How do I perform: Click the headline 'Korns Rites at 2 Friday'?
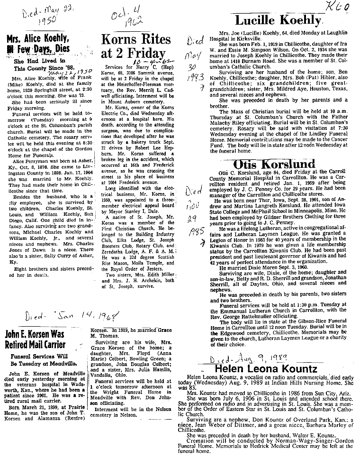point(134,46)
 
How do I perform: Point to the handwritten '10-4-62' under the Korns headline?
point(144,61)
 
